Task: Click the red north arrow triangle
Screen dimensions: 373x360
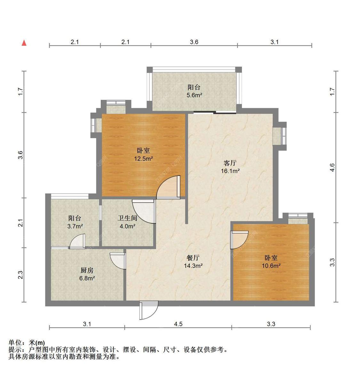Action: tap(24, 43)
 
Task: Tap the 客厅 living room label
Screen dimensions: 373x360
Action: tap(230, 163)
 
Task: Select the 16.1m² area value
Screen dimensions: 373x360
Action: tap(230, 171)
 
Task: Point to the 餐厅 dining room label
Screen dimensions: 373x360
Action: tap(193, 258)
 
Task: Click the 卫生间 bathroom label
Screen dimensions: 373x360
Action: tap(127, 218)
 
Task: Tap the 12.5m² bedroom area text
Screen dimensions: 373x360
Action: tap(143, 158)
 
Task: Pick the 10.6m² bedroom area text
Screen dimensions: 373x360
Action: tap(271, 266)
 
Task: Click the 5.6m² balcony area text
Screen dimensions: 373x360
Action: tap(194, 95)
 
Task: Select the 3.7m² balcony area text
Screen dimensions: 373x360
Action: tap(75, 226)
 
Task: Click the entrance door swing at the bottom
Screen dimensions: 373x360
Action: tap(149, 310)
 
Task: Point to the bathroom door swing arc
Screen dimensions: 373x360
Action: tap(144, 211)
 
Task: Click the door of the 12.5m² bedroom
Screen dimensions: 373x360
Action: tap(168, 187)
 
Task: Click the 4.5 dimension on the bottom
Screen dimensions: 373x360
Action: tap(178, 324)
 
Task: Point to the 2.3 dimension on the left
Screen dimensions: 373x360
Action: tap(20, 275)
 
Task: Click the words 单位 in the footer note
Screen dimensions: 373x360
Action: tap(15, 343)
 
